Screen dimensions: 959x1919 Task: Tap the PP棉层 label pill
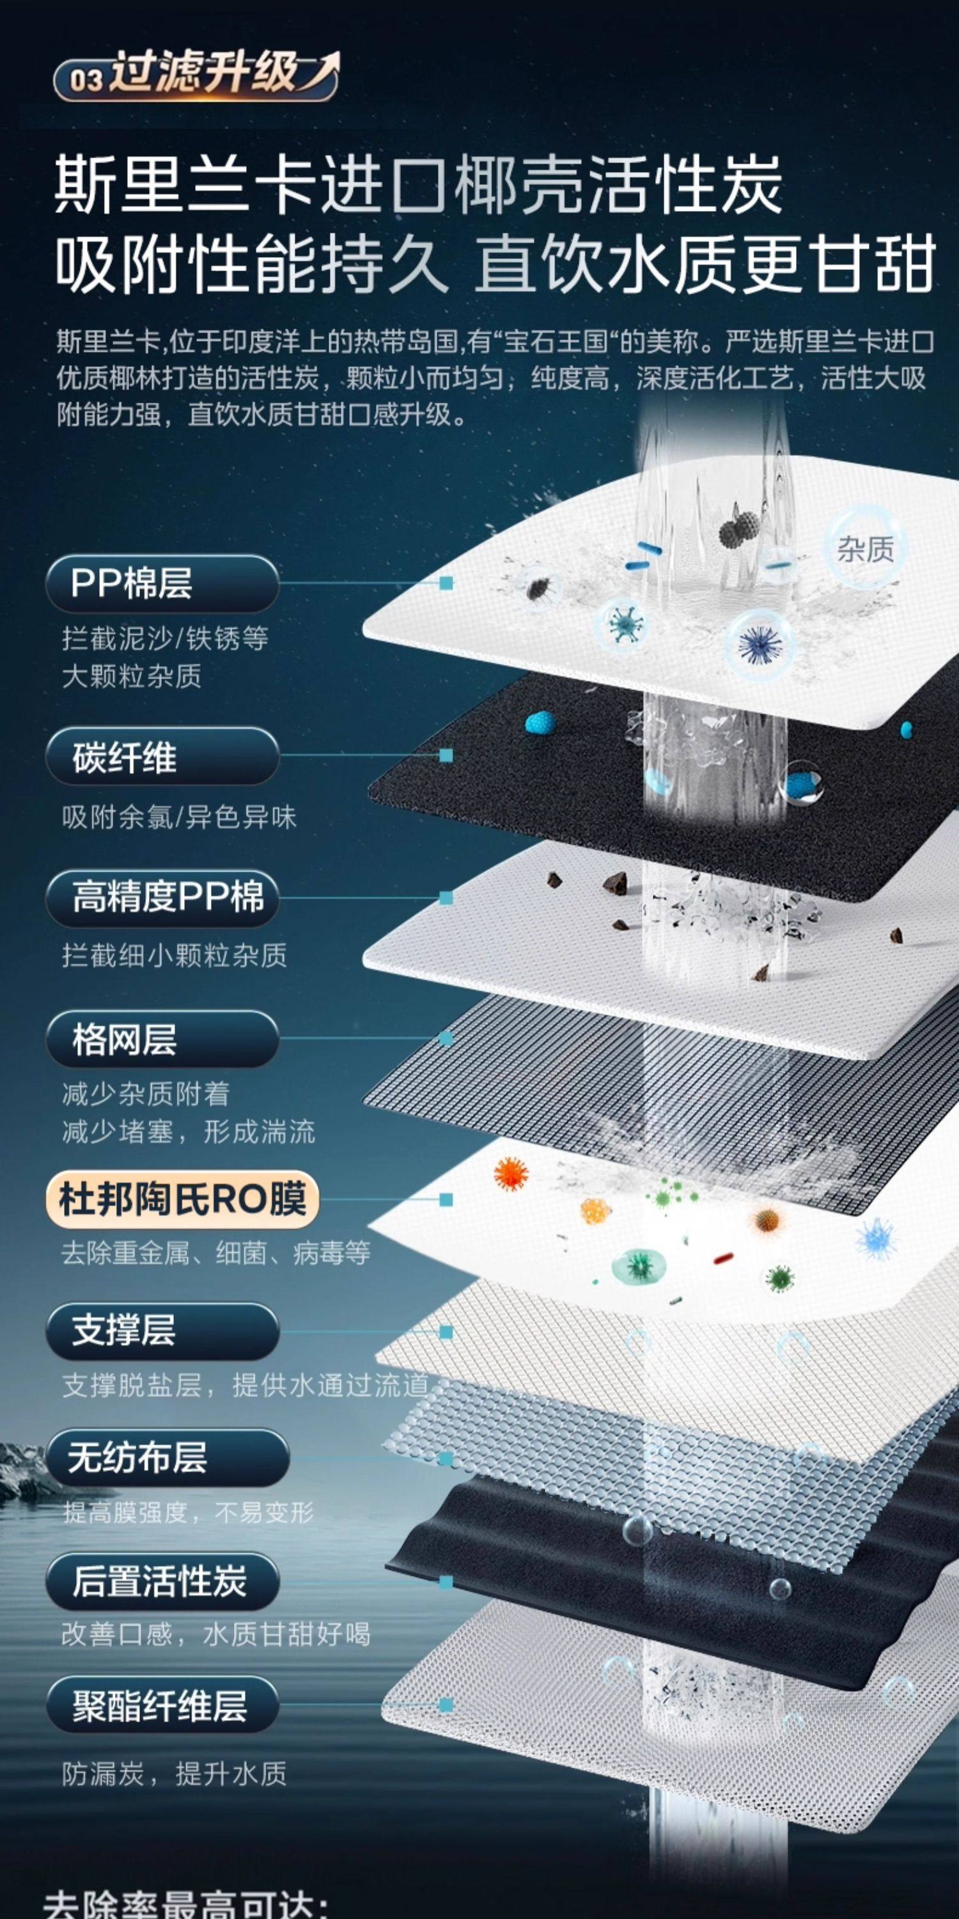tap(162, 583)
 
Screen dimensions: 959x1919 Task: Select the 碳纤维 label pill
tap(162, 757)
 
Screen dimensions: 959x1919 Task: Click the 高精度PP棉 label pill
tap(162, 897)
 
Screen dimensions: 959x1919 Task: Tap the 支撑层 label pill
tap(162, 1331)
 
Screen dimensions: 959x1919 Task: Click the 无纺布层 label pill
tap(167, 1457)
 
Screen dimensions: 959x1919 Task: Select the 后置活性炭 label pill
tap(162, 1581)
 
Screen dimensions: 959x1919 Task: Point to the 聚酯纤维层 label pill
tap(162, 1706)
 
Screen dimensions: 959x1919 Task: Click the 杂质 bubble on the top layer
tap(864, 549)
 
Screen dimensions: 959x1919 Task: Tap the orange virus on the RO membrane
tap(511, 1174)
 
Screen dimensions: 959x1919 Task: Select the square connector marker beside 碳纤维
tap(446, 755)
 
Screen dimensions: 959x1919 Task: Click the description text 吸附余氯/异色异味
tap(179, 818)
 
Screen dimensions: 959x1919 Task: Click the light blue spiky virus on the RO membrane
tap(876, 1237)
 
